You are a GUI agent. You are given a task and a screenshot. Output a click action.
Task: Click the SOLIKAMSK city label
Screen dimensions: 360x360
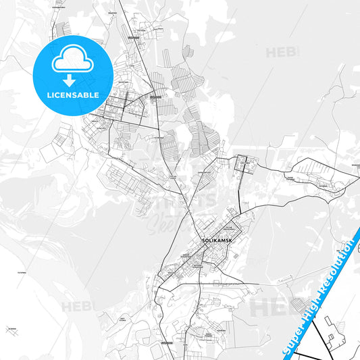[217, 240]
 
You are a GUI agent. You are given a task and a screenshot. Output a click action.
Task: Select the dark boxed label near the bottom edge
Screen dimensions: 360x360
[167, 342]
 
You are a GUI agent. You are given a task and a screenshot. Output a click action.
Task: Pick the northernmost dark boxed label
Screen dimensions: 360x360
[133, 38]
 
